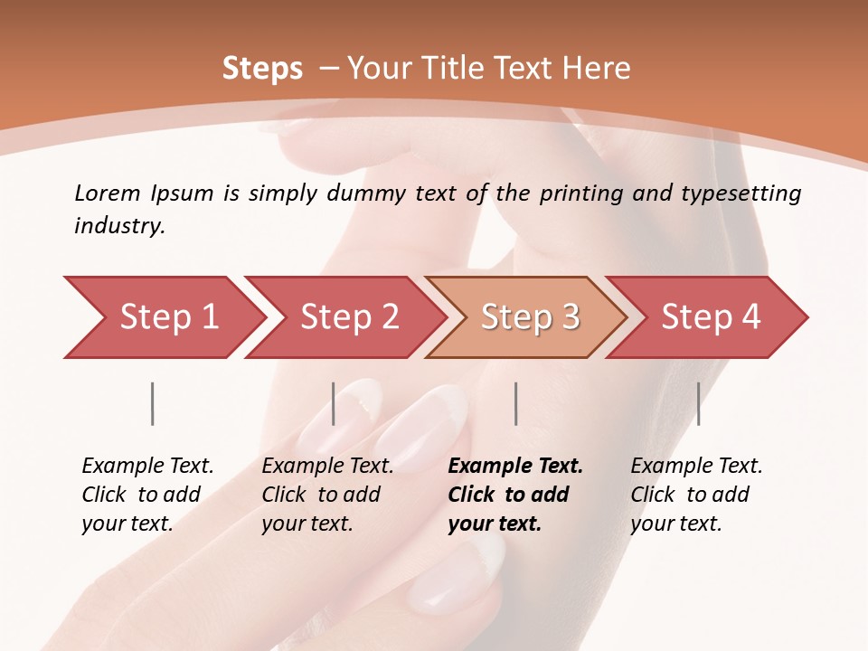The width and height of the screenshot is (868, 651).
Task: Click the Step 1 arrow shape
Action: (x=168, y=317)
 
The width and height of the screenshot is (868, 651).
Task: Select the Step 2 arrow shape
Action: (x=349, y=317)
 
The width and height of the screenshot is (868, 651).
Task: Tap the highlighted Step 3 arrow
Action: (x=530, y=317)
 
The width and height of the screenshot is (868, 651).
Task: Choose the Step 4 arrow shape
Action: (x=711, y=317)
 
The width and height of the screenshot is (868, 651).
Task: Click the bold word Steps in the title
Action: (x=262, y=68)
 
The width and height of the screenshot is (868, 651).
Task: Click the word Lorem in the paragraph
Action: (x=107, y=193)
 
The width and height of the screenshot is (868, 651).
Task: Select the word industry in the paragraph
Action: (x=118, y=226)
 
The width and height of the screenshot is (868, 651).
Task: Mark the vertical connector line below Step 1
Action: (x=153, y=403)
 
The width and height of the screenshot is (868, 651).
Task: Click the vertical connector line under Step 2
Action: (x=334, y=403)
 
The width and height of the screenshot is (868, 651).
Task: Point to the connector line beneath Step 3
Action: (x=516, y=403)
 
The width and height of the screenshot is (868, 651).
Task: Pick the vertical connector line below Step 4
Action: (x=698, y=403)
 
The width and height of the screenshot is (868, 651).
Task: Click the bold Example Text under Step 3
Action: (x=515, y=467)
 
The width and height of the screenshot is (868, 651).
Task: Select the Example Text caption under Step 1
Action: (x=147, y=467)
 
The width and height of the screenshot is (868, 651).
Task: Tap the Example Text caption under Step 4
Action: (x=696, y=467)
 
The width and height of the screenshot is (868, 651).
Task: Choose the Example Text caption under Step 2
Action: (x=327, y=467)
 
